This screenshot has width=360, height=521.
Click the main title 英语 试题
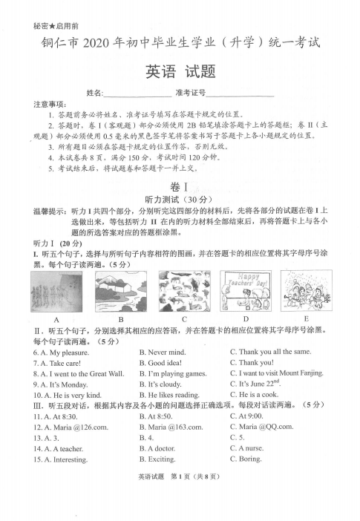(x=180, y=72)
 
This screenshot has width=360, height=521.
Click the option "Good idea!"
(x=161, y=363)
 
